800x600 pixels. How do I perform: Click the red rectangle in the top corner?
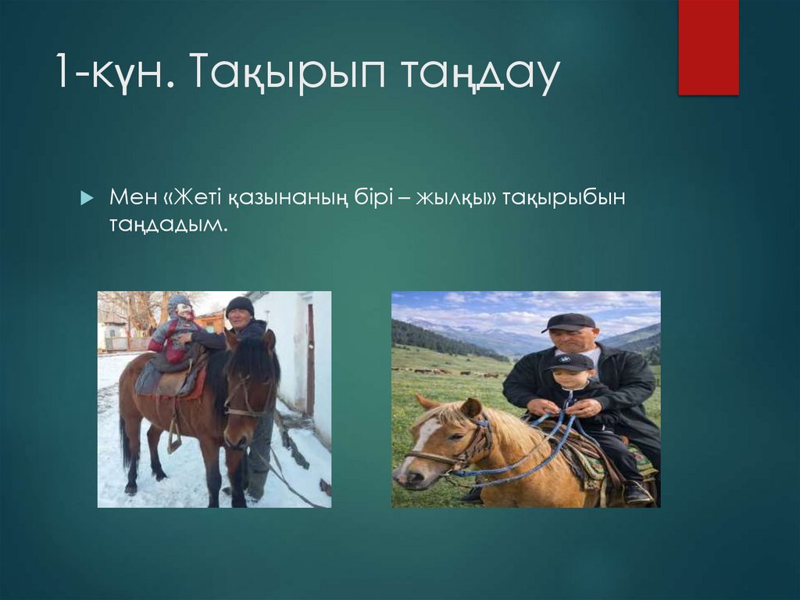(708, 47)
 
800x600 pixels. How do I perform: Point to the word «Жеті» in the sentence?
(197, 197)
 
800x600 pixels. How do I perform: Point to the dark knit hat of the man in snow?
(240, 304)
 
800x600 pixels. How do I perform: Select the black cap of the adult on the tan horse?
(568, 322)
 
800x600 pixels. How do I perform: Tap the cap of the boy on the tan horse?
(570, 361)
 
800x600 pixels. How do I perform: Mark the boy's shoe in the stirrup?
(637, 493)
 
